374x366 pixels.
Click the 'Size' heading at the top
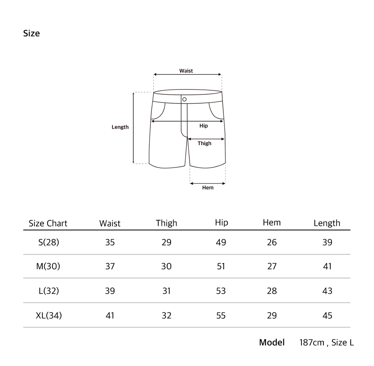pyautogui.click(x=31, y=33)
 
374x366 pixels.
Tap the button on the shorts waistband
pyautogui.click(x=184, y=99)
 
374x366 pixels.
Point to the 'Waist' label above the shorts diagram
pyautogui.click(x=186, y=71)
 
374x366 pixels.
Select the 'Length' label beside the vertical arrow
pyautogui.click(x=120, y=127)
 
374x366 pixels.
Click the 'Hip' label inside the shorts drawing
pyautogui.click(x=203, y=126)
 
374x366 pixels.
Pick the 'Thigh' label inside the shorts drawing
pyautogui.click(x=205, y=143)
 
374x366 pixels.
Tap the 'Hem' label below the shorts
pyautogui.click(x=208, y=187)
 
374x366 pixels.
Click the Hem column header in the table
pyautogui.click(x=272, y=223)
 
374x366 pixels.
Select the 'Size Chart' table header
pyautogui.click(x=48, y=223)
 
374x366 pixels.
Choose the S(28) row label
pyautogui.click(x=49, y=243)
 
